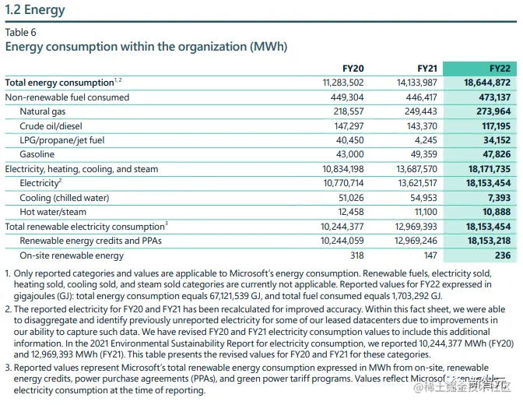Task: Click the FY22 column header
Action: (499, 69)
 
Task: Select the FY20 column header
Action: (353, 69)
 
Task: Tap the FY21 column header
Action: (426, 69)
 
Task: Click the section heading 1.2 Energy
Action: (35, 10)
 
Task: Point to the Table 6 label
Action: (20, 32)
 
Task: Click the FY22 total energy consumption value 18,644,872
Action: (486, 83)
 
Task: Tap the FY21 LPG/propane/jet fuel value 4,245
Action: (425, 140)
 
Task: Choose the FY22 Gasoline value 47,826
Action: (493, 154)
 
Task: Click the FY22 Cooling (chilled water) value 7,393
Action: (497, 198)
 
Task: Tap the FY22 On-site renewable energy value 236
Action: (502, 255)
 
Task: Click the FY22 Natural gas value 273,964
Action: (490, 111)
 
